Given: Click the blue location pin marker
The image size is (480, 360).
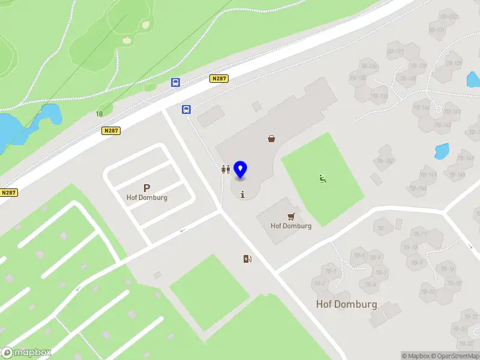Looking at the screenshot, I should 241,170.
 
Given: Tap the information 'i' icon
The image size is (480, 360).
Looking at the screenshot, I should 242,194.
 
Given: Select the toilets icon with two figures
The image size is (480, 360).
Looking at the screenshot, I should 225,170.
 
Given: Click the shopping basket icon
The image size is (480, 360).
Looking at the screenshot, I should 272,139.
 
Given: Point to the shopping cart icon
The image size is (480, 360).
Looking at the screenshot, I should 292,216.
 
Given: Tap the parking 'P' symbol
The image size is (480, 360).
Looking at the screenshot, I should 146,188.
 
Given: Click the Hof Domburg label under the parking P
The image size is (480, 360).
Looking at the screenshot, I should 147,197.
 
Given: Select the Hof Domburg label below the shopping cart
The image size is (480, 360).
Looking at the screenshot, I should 291,226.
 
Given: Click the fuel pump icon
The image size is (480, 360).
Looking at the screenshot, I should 247,259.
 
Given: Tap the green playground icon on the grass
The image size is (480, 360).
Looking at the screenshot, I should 323,178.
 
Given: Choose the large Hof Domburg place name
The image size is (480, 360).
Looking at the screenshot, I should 347,304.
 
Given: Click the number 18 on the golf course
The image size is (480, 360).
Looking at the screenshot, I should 98,114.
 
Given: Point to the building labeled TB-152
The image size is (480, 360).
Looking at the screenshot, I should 385,161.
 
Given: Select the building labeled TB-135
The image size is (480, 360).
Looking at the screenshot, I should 359,79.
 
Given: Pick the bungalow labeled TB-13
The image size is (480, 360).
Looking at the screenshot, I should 428,292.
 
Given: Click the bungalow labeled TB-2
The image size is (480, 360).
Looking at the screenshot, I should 319,284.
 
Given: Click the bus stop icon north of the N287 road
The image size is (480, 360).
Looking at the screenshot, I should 176,83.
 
